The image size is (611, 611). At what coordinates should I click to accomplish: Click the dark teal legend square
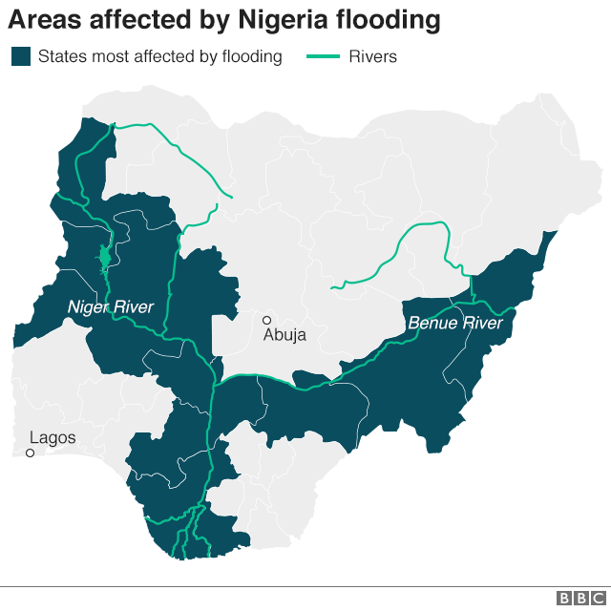click(21, 56)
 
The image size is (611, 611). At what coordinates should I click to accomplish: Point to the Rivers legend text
click(373, 56)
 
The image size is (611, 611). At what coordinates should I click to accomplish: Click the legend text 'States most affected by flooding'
click(160, 56)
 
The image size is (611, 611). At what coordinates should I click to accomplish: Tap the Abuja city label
click(285, 334)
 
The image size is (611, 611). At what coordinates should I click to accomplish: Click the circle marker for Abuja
click(267, 320)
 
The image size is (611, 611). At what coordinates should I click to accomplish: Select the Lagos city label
click(53, 438)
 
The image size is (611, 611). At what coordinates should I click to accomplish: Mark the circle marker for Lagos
click(30, 453)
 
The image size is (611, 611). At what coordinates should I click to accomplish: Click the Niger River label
click(111, 306)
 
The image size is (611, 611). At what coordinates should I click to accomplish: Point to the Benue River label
click(454, 324)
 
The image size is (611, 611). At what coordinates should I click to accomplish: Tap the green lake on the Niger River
click(104, 259)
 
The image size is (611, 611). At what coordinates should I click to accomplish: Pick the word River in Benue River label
click(481, 324)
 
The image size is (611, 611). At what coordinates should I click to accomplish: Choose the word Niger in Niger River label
click(89, 306)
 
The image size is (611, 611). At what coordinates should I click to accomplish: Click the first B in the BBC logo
click(564, 598)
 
